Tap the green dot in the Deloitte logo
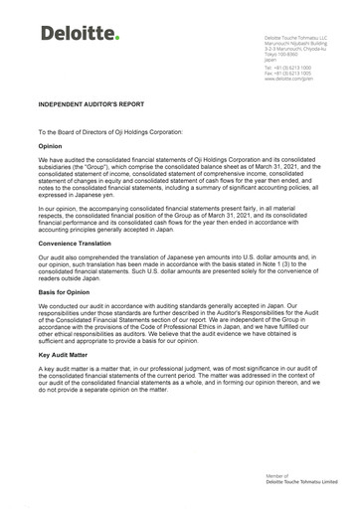pos(117,40)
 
